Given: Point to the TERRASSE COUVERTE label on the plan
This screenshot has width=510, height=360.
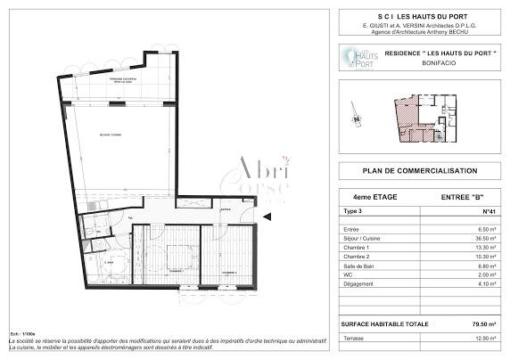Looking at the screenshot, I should pyautogui.click(x=124, y=80).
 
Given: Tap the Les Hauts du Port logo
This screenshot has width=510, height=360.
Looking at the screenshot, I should pyautogui.click(x=358, y=60).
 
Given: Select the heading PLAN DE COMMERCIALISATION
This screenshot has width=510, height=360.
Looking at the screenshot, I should pyautogui.click(x=419, y=171).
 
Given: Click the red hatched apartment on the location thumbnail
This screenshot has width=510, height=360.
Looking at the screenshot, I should pyautogui.click(x=408, y=121).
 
